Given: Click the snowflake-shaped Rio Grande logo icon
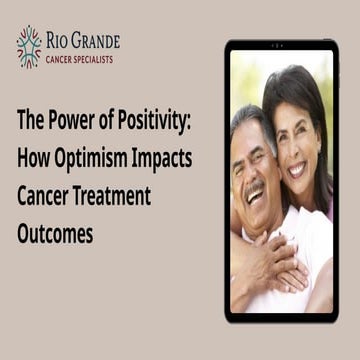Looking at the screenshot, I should click(x=29, y=45).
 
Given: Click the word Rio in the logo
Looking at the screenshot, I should click(x=59, y=41).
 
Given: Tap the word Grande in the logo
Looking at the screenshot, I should click(x=96, y=41).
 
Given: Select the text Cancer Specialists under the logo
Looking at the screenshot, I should click(x=79, y=59).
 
